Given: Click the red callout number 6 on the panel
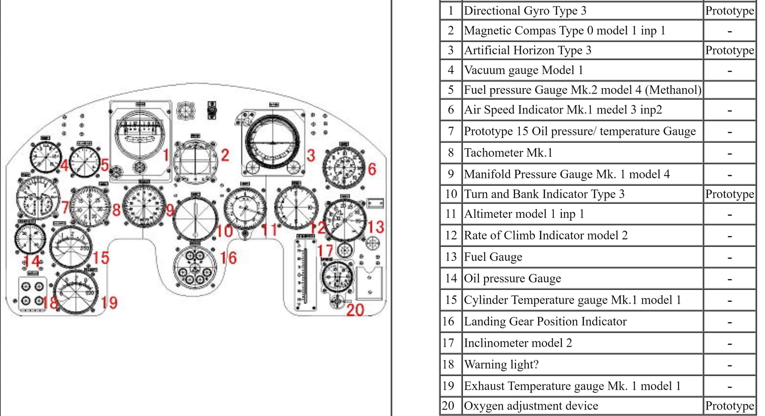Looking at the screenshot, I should [372, 169].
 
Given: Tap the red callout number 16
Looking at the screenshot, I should [229, 258].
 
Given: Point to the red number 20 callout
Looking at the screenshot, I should [355, 310].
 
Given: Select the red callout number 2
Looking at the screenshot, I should [225, 155].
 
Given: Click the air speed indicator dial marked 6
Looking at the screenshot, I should [344, 166].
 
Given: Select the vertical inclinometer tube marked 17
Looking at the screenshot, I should [305, 273].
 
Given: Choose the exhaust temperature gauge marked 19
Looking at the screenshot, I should [76, 293].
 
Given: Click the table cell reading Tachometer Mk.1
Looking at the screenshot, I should [508, 153].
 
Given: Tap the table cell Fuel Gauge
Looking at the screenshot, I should [493, 257].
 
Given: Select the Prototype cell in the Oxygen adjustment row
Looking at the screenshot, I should [730, 406].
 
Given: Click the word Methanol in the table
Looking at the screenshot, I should [673, 90].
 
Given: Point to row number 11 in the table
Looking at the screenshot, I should [451, 214].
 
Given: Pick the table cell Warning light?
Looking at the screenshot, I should [501, 365].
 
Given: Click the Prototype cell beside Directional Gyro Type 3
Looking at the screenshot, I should [730, 11].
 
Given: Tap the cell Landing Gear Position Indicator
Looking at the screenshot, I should [545, 322].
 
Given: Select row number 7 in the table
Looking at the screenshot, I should [451, 131].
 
